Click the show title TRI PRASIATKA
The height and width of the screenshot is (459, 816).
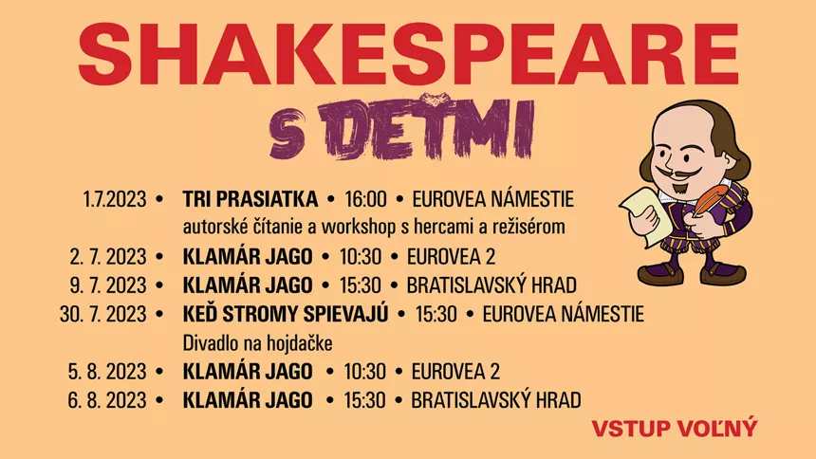pyautogui.click(x=250, y=200)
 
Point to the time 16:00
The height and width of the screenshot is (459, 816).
pyautogui.click(x=365, y=200)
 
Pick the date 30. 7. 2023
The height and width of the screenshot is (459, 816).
pyautogui.click(x=103, y=314)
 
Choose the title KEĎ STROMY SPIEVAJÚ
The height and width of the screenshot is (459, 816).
pyautogui.click(x=286, y=314)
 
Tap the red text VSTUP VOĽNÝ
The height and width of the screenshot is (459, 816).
pyautogui.click(x=675, y=428)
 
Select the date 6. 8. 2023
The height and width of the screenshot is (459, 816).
pyautogui.click(x=108, y=399)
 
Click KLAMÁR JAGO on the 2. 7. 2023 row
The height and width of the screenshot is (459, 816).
pyautogui.click(x=246, y=257)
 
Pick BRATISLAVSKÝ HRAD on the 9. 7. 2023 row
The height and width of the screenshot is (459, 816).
pyautogui.click(x=491, y=285)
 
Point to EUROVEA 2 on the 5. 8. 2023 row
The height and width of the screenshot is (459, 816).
pyautogui.click(x=454, y=371)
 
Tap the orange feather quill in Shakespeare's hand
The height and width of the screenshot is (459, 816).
pyautogui.click(x=713, y=204)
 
